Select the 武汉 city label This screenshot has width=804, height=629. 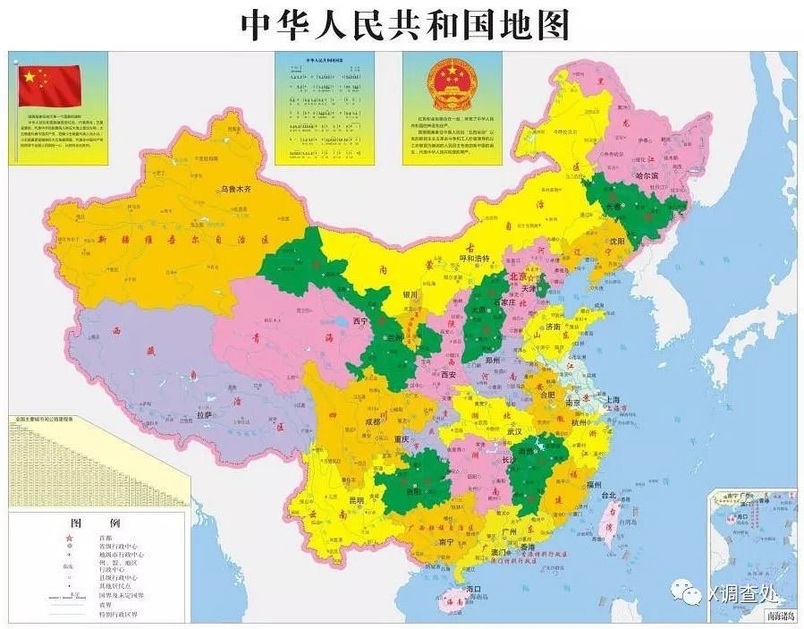pyautogui.click(x=514, y=431)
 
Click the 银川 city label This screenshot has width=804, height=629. pyautogui.click(x=410, y=293)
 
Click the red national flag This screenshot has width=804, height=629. pyautogui.click(x=50, y=86)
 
